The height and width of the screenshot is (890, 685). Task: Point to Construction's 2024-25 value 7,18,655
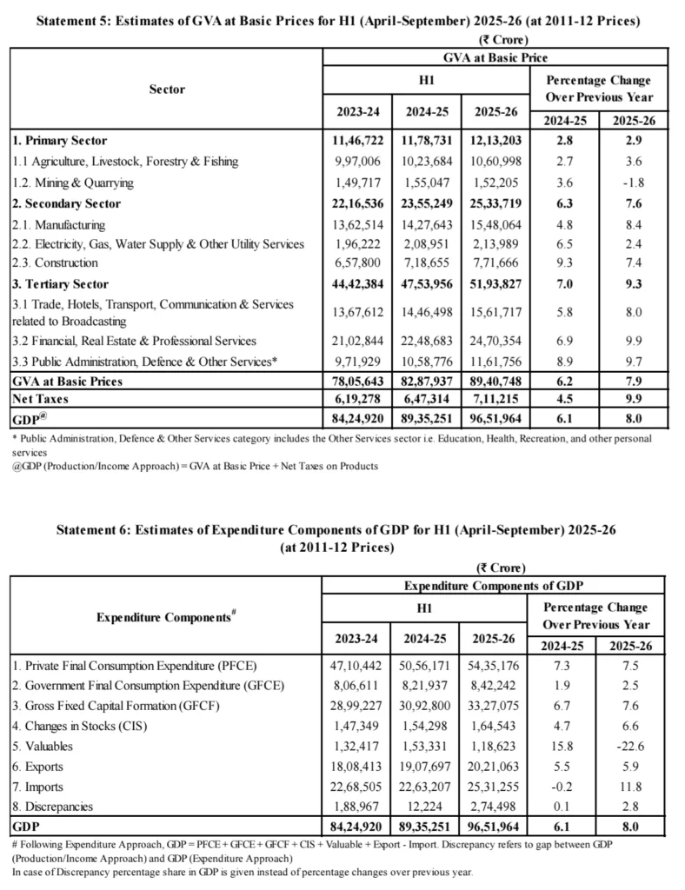pyautogui.click(x=426, y=262)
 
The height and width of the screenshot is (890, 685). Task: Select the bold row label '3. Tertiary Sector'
pyautogui.click(x=61, y=284)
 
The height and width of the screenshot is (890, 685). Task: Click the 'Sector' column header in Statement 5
pyautogui.click(x=167, y=89)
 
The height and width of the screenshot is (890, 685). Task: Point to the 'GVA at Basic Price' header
pyautogui.click(x=495, y=57)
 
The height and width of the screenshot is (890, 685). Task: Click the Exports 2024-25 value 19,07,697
pyautogui.click(x=426, y=766)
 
